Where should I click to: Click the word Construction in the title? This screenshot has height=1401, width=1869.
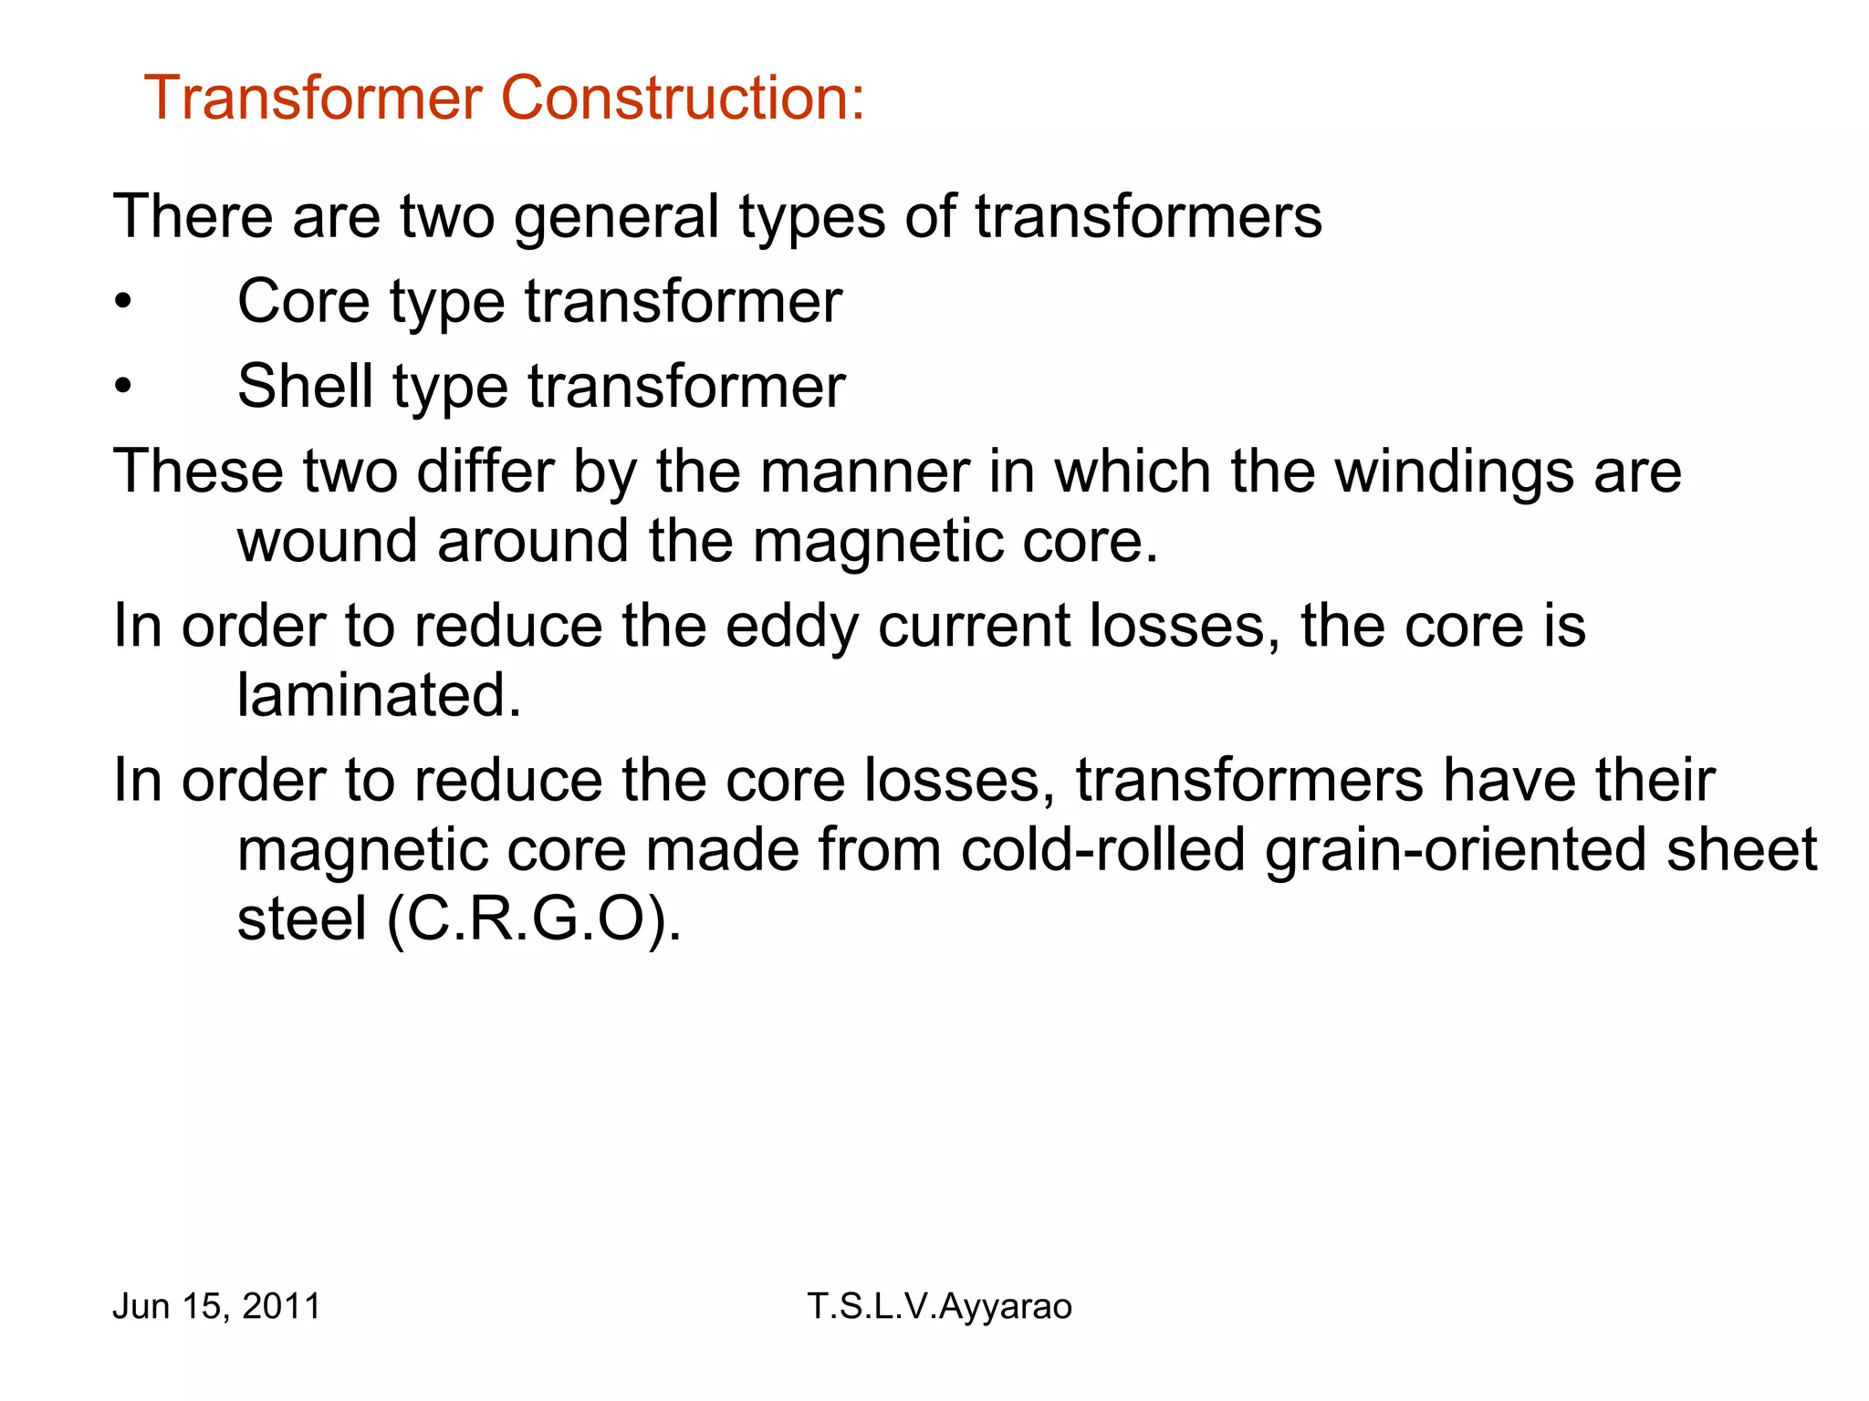click(x=682, y=98)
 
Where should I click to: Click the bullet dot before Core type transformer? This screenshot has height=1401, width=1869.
click(x=123, y=302)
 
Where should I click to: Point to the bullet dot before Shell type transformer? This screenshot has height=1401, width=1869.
click(x=123, y=387)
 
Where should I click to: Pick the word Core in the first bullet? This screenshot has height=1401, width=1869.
click(x=304, y=302)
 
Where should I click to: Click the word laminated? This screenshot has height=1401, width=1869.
click(x=379, y=696)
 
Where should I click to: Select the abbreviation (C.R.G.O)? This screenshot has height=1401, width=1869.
click(x=534, y=919)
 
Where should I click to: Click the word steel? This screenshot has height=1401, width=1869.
click(x=302, y=919)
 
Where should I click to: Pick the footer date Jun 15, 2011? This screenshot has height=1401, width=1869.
click(x=216, y=1306)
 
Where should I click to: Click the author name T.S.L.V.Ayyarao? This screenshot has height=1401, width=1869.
click(x=939, y=1306)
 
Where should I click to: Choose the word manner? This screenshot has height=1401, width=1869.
click(x=864, y=472)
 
